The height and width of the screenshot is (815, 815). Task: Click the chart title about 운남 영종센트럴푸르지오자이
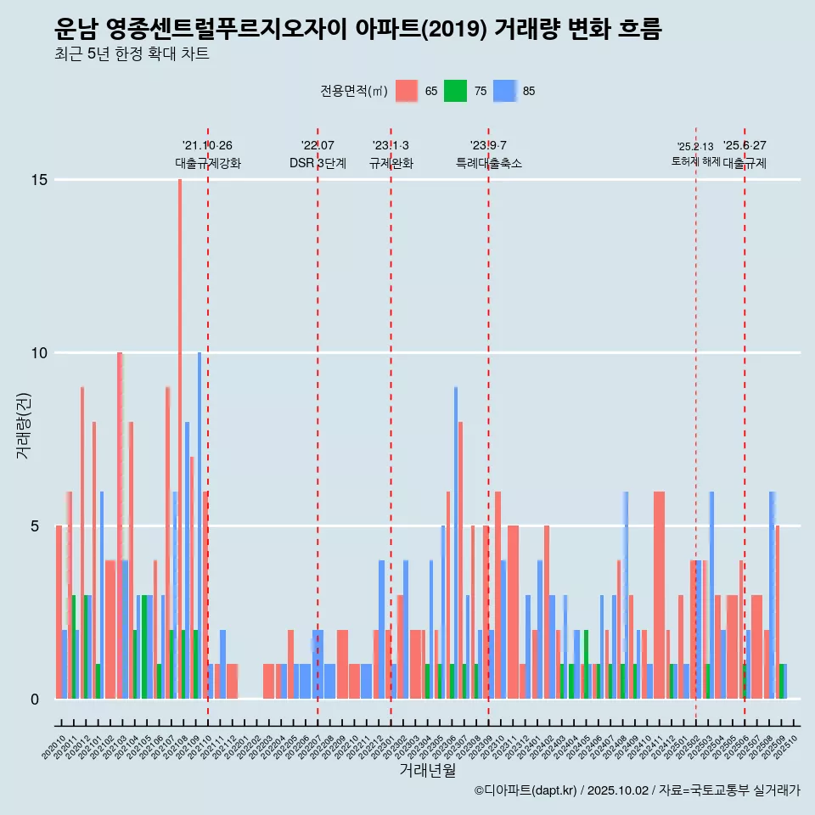(x=357, y=30)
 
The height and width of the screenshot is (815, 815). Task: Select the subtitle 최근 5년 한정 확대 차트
(x=131, y=54)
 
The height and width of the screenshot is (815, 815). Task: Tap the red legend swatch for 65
(x=407, y=91)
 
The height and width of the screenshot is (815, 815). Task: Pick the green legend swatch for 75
(x=456, y=91)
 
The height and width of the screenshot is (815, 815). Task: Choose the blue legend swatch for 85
(x=505, y=91)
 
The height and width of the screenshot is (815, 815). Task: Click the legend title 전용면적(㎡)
(x=354, y=91)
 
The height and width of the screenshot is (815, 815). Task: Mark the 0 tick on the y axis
(x=36, y=700)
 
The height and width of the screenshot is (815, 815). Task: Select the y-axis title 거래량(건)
(x=24, y=424)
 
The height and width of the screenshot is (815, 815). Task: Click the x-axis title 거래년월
(x=427, y=771)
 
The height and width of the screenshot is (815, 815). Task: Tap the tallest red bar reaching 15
(x=180, y=424)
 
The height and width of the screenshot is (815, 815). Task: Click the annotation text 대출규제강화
(x=208, y=163)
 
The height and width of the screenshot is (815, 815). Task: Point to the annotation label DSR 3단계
(x=318, y=163)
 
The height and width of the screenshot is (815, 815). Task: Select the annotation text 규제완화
(x=391, y=163)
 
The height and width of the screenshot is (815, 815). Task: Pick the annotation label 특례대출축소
(x=488, y=163)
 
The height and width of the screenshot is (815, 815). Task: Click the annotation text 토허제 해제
(x=695, y=160)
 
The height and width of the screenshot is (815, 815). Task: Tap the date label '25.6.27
(x=745, y=145)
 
